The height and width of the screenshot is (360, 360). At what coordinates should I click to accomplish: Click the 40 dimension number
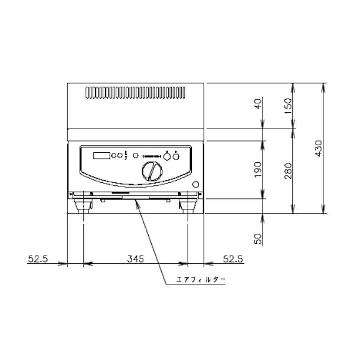(258, 104)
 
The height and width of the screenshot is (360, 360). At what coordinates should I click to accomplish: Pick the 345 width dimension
(135, 259)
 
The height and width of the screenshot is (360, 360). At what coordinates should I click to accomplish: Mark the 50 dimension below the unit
(258, 237)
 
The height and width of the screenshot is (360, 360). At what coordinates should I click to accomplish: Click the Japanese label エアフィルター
(201, 279)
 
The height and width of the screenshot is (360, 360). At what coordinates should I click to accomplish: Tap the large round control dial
(151, 172)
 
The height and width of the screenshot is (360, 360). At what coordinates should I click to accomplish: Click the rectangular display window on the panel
(102, 156)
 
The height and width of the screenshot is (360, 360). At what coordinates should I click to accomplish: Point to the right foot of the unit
(188, 206)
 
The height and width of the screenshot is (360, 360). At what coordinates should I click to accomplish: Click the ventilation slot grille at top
(136, 93)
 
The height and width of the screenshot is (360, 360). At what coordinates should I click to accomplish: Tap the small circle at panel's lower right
(197, 183)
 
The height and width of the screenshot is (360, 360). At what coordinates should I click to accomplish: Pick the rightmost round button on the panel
(176, 156)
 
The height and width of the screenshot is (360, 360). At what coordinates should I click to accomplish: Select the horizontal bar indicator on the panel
(151, 156)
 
